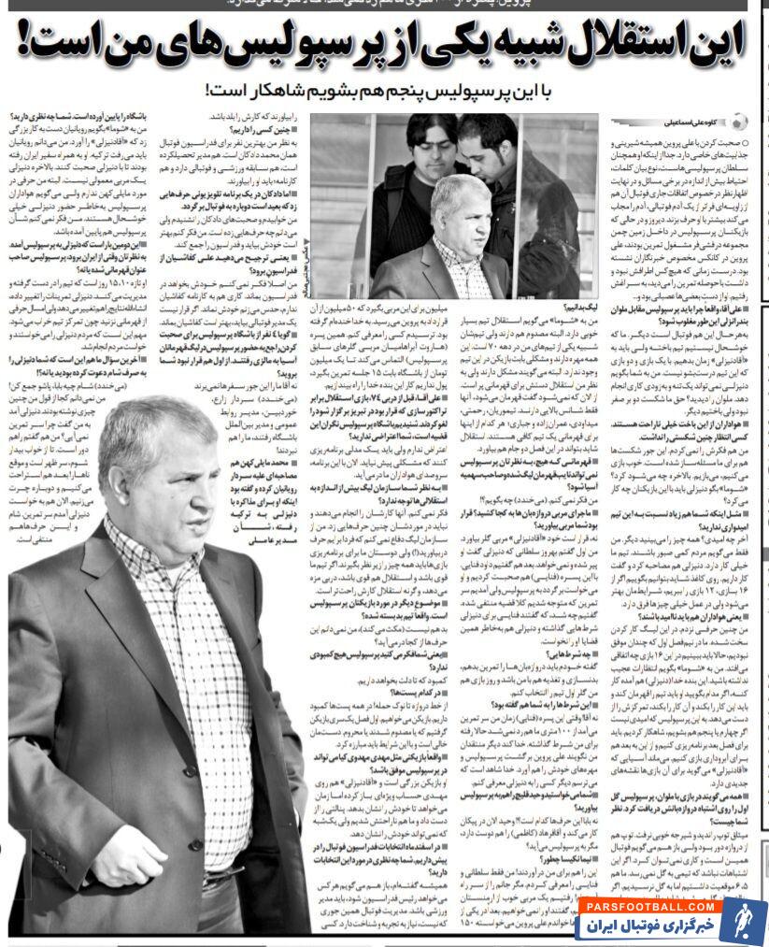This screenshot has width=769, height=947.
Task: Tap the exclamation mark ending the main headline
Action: [31, 44]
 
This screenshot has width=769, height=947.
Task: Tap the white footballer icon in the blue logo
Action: [742, 919]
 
